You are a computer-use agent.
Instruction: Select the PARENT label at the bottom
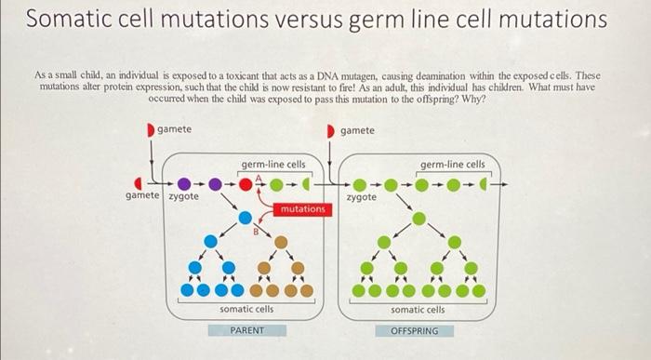(246, 330)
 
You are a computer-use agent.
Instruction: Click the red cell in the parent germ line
(246, 183)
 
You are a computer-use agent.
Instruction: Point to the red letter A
(246, 174)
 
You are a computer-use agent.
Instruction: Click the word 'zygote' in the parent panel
(181, 197)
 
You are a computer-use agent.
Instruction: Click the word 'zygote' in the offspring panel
(362, 197)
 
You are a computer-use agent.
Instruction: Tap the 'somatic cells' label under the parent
(246, 309)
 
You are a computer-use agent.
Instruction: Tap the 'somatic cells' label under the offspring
(417, 309)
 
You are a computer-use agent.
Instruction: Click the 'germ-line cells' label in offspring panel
(452, 165)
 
